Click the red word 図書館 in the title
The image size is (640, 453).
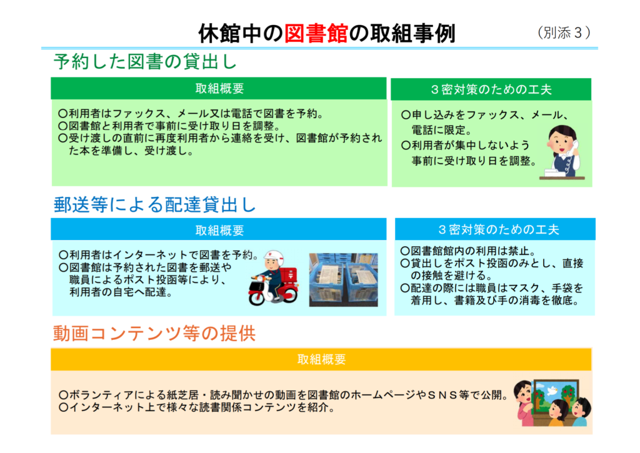point(316,33)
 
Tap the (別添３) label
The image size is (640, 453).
point(564,32)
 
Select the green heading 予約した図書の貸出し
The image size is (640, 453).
point(145,62)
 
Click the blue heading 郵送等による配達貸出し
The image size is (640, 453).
point(155,204)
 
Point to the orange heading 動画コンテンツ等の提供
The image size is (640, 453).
point(154,333)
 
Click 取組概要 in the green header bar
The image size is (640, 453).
point(219,89)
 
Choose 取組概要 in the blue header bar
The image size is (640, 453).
point(219,230)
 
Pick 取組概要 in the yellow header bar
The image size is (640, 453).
point(322,359)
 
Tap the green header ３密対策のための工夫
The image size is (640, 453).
point(491,89)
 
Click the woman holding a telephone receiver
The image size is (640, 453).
point(564,152)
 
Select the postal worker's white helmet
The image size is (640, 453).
point(274,257)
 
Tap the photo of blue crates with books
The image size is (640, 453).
point(343,280)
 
